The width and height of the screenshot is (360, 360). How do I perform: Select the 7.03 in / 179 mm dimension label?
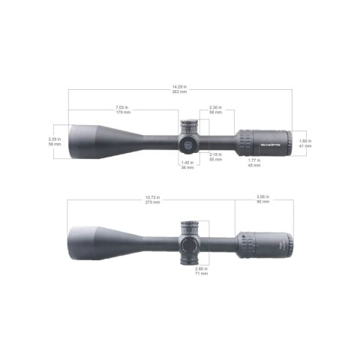123,110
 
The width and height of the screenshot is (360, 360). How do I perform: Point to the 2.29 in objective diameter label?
53,140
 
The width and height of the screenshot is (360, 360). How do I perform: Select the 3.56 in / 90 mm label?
263,201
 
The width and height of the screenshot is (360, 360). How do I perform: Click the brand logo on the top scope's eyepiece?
271,141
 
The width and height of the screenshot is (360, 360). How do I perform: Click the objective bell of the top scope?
90,140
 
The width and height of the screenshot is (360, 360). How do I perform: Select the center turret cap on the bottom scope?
187,244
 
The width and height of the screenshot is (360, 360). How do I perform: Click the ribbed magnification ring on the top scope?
247,141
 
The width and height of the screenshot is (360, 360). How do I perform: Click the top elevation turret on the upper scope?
187,124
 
